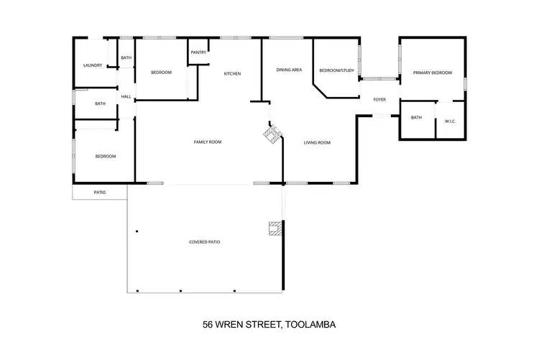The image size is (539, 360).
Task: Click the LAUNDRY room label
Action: pyautogui.click(x=92, y=65)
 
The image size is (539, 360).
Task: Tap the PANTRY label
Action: pyautogui.click(x=198, y=52)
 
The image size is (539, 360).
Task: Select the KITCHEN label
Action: pyautogui.click(x=231, y=74)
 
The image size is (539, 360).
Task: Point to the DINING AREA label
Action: pyautogui.click(x=288, y=70)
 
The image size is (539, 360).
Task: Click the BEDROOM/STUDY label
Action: pyautogui.click(x=336, y=70)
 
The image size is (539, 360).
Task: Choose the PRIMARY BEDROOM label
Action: pyautogui.click(x=432, y=73)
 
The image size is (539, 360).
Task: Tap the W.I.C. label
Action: pyautogui.click(x=451, y=121)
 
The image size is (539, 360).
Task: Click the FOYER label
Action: pyautogui.click(x=380, y=99)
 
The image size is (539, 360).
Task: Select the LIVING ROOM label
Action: pyautogui.click(x=317, y=142)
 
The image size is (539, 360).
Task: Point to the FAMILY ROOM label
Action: pyautogui.click(x=208, y=142)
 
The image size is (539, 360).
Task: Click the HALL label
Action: pyautogui.click(x=126, y=97)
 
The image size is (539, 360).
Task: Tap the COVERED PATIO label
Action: pyautogui.click(x=205, y=242)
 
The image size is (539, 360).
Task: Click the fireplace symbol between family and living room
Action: pyautogui.click(x=272, y=134)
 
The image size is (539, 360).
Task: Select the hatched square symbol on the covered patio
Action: pyautogui.click(x=274, y=229)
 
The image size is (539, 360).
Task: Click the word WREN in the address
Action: pyautogui.click(x=231, y=324)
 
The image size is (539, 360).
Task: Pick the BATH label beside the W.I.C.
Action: pyautogui.click(x=416, y=118)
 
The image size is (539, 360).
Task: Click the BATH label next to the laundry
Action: pyautogui.click(x=126, y=58)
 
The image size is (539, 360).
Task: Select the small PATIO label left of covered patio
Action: pyautogui.click(x=100, y=193)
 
